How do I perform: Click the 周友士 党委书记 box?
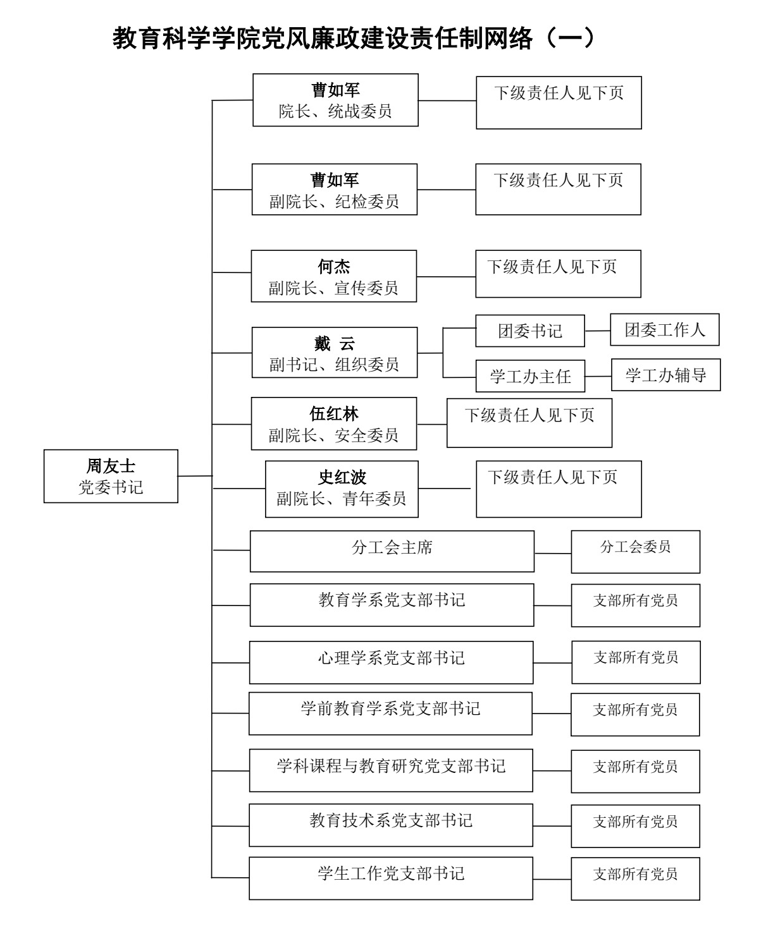point(111,476)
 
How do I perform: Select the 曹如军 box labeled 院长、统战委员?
point(335,100)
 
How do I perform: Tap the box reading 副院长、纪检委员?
point(334,190)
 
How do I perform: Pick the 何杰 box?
point(333,276)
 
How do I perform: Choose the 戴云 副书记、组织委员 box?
point(334,353)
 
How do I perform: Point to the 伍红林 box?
point(333,423)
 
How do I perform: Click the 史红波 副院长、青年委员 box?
point(342,489)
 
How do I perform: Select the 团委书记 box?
point(529,331)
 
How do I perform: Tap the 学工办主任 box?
point(530,377)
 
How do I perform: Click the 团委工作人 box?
point(664,329)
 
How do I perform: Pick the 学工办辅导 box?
point(665,375)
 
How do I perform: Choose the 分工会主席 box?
point(392,551)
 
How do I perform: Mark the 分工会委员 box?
point(635,552)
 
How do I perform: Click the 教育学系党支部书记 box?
point(392,605)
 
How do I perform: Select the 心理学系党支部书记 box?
point(391,662)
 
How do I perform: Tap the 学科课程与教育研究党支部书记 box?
point(391,770)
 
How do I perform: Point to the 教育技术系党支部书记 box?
point(391,825)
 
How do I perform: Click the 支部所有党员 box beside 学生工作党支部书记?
point(635,878)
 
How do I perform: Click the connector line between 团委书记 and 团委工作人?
point(597,330)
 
